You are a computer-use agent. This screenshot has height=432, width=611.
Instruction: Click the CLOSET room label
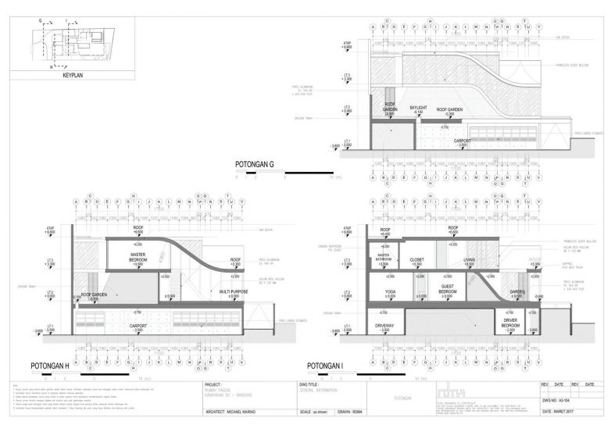tap(416, 261)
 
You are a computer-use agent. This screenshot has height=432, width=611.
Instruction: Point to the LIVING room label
tap(470, 261)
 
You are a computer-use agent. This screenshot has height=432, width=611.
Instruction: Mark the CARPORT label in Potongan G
tap(462, 142)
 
